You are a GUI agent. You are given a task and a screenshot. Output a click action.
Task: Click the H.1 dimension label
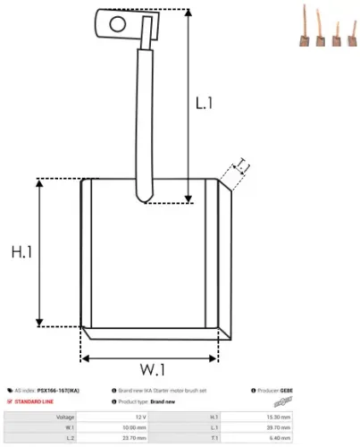(21, 253)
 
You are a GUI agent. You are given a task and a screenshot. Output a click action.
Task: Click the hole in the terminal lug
(114, 24)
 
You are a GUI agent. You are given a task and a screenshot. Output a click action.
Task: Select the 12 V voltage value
(140, 417)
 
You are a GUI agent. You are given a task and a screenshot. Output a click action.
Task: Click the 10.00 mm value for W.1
(135, 427)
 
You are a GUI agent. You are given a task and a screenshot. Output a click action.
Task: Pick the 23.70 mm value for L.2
(135, 438)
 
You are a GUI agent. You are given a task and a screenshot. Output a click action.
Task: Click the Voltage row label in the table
(65, 417)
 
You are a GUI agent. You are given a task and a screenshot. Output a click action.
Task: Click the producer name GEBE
(286, 391)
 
